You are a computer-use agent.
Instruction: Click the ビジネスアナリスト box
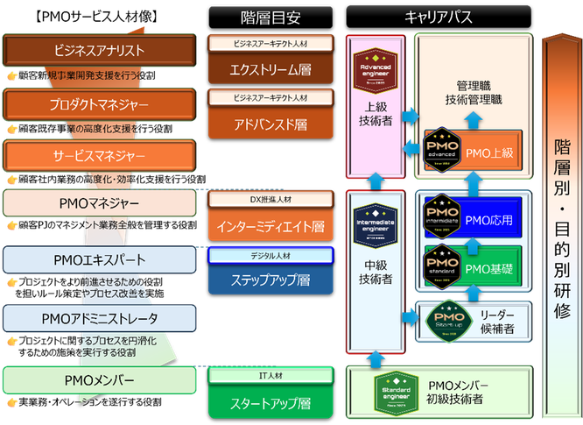(x=99, y=50)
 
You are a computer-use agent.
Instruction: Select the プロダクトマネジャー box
(x=99, y=105)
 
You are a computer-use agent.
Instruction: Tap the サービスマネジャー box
(x=99, y=156)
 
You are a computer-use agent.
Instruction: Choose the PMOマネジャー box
(x=99, y=203)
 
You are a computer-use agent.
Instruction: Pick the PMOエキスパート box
(x=99, y=260)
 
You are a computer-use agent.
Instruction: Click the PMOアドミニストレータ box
(x=99, y=317)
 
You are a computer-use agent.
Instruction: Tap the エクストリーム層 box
(x=270, y=69)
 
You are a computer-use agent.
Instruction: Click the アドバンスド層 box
(x=270, y=124)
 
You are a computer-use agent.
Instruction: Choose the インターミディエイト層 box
(x=270, y=225)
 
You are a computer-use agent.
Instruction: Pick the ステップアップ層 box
(x=270, y=280)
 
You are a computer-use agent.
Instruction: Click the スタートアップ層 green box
(x=270, y=403)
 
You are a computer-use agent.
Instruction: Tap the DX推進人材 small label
(x=270, y=199)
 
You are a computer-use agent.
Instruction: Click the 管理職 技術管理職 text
(x=480, y=95)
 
